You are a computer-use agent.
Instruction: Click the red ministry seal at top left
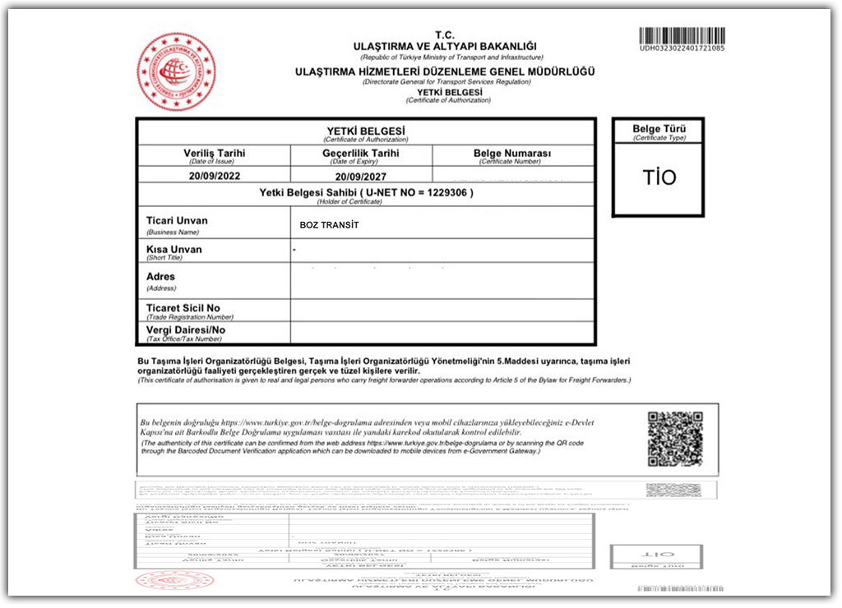pyautogui.click(x=176, y=72)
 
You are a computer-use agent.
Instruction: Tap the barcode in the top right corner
pyautogui.click(x=682, y=35)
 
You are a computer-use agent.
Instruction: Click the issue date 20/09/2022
pyautogui.click(x=214, y=176)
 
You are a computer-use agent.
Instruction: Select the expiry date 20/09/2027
pyautogui.click(x=360, y=176)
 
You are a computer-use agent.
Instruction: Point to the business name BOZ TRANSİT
pyautogui.click(x=330, y=224)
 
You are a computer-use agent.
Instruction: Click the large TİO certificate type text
pyautogui.click(x=659, y=177)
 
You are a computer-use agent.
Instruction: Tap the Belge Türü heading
pyautogui.click(x=659, y=129)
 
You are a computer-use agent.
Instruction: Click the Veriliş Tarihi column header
pyautogui.click(x=214, y=153)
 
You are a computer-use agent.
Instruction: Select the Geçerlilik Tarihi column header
pyautogui.click(x=361, y=153)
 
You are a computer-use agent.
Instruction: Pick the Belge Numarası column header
pyautogui.click(x=512, y=154)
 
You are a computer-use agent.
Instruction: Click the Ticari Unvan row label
pyautogui.click(x=177, y=221)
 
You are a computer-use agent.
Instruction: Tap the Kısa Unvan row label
pyautogui.click(x=173, y=250)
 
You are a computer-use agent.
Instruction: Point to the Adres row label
pyautogui.click(x=160, y=277)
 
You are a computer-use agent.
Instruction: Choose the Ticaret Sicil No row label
pyautogui.click(x=183, y=308)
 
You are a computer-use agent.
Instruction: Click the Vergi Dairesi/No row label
pyautogui.click(x=185, y=330)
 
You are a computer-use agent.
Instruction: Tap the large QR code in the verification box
pyautogui.click(x=675, y=439)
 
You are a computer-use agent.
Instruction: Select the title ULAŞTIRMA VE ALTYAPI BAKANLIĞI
pyautogui.click(x=444, y=45)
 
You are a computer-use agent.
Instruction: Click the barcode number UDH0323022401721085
pyautogui.click(x=682, y=48)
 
